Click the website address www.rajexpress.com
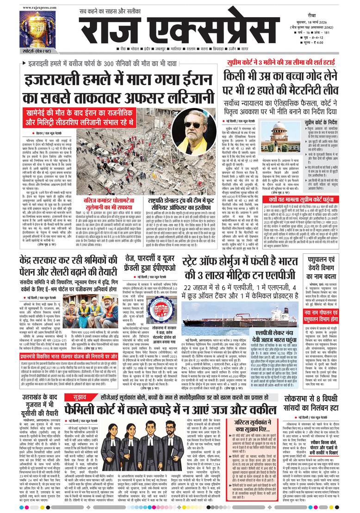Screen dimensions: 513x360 coord(38,6)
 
